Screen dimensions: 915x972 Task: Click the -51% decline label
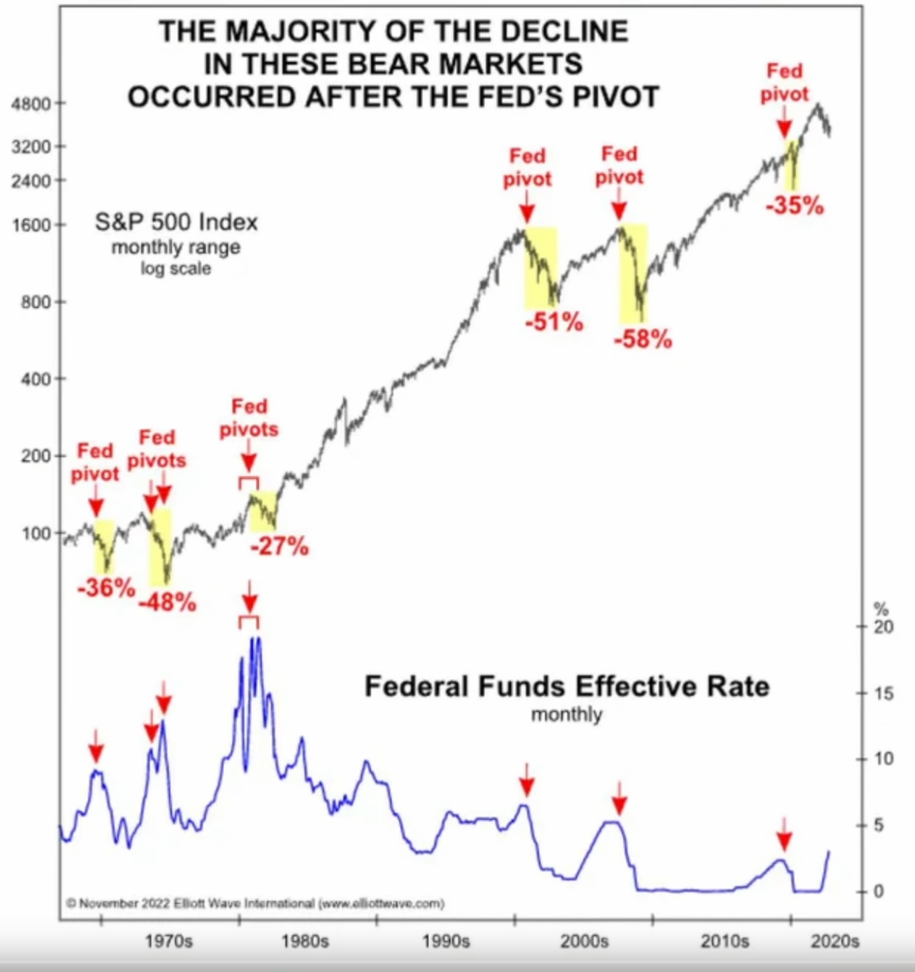pyautogui.click(x=554, y=322)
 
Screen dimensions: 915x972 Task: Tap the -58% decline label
pyautogui.click(x=643, y=340)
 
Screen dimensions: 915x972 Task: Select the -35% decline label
pyautogui.click(x=795, y=205)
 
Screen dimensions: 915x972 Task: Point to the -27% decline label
pyautogui.click(x=280, y=547)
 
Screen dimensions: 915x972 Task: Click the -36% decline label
pyautogui.click(x=106, y=588)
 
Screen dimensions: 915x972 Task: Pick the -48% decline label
pyautogui.click(x=167, y=603)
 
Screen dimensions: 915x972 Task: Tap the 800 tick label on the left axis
pyautogui.click(x=35, y=302)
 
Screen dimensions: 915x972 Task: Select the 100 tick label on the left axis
pyautogui.click(x=36, y=533)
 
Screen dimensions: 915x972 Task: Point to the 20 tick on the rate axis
pyautogui.click(x=884, y=626)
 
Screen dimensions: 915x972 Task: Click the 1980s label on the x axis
pyautogui.click(x=305, y=941)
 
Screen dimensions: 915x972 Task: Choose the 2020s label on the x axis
pyautogui.click(x=835, y=941)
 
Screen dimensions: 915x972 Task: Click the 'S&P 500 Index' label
pyautogui.click(x=176, y=222)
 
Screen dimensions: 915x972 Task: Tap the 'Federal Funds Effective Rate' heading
pyautogui.click(x=567, y=686)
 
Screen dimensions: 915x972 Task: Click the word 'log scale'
pyautogui.click(x=176, y=268)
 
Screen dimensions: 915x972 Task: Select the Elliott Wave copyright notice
pyautogui.click(x=255, y=903)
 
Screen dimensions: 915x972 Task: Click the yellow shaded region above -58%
pyautogui.click(x=634, y=273)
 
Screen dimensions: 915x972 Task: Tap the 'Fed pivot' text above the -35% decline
pyautogui.click(x=785, y=82)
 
